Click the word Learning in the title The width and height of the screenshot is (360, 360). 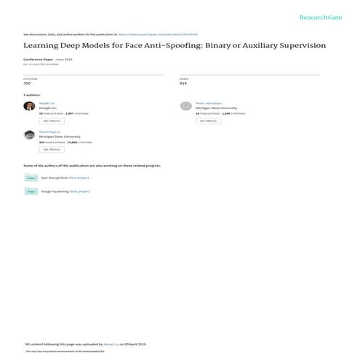click(42, 45)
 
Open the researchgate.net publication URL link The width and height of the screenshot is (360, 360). click(168, 33)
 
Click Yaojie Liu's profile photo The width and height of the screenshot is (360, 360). click(28, 106)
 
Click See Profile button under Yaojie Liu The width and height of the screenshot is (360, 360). click(52, 121)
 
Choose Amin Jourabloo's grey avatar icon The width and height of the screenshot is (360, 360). click(185, 106)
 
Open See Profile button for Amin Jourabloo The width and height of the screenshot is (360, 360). click(208, 121)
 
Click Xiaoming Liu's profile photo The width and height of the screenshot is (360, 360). click(28, 135)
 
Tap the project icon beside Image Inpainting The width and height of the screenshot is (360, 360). click(31, 191)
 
